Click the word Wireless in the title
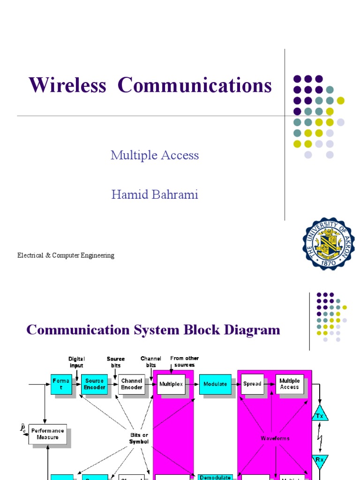coord(67,86)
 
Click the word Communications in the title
coord(195,86)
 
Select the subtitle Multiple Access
coord(155,155)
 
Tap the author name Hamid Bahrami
coord(155,195)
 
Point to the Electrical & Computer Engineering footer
coord(66,255)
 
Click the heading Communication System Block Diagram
coord(153,330)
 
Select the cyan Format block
coord(61,384)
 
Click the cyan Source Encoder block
coord(94,384)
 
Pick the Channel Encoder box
coord(132,384)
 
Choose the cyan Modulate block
coord(215,384)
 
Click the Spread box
coord(252,384)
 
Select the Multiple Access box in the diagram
coord(289,384)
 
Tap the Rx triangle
coord(321,461)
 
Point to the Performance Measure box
coord(48,434)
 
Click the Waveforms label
coord(275,438)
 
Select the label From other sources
coord(184,361)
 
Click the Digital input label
coord(76,362)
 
